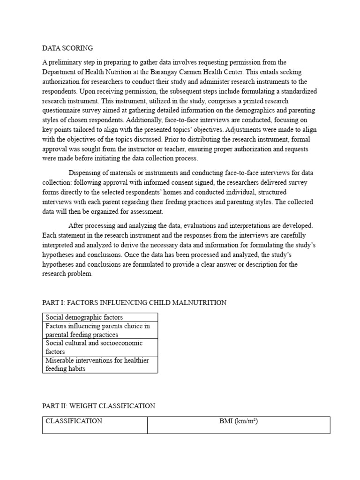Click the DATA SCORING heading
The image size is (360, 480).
67,48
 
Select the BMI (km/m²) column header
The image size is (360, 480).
239,421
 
